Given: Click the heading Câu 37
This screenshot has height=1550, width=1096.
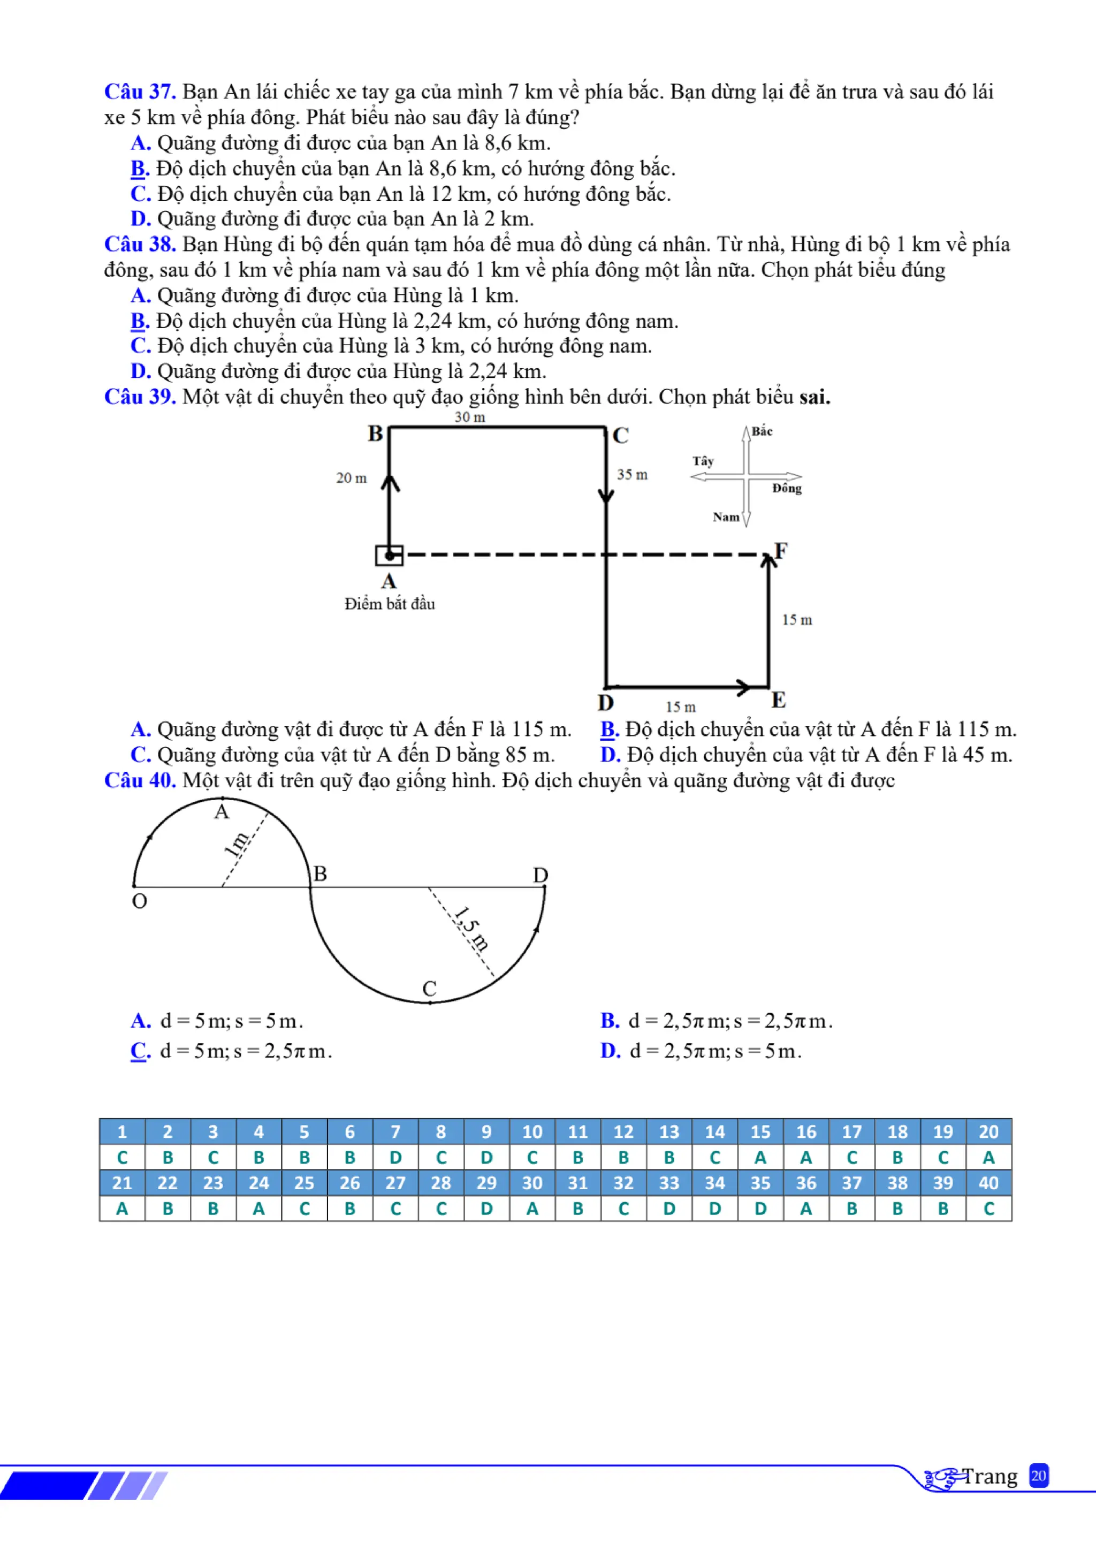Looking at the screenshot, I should click(140, 92).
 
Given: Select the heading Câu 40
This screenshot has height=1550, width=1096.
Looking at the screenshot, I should click(140, 780).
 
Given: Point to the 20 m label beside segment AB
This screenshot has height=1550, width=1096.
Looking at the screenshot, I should click(351, 478).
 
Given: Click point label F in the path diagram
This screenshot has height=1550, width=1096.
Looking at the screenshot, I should click(781, 551).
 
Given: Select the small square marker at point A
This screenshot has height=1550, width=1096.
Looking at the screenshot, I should click(390, 555).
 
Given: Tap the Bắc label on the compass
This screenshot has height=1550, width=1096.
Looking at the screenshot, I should click(762, 431).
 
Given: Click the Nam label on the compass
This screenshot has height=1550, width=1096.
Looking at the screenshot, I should click(726, 517).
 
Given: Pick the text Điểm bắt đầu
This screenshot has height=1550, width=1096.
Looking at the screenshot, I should click(390, 604).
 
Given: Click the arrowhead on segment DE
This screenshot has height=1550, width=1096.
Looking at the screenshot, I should click(742, 687).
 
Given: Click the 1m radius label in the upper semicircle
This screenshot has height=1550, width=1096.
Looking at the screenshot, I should click(236, 844).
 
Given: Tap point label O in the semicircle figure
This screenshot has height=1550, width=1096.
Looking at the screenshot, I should click(140, 901).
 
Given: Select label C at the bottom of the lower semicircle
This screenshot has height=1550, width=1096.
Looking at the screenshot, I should click(429, 989).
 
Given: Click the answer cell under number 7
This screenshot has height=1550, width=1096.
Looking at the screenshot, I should click(395, 1157).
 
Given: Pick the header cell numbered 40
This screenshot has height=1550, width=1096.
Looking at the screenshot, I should click(988, 1183).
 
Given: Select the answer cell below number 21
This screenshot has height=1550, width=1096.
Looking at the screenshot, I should click(122, 1209).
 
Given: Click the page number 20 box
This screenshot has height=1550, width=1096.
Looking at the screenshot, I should click(1038, 1476).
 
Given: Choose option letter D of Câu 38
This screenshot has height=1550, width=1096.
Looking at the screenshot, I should click(140, 371).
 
